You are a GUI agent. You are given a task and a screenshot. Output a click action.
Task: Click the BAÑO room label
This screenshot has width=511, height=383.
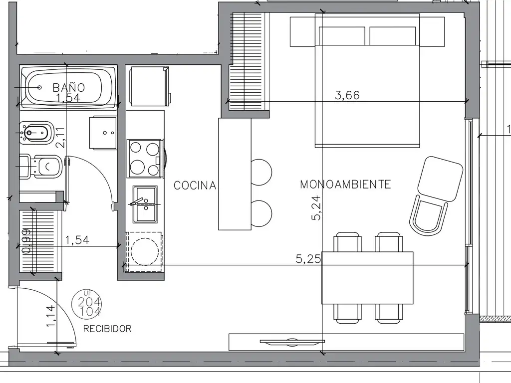tap(69, 87)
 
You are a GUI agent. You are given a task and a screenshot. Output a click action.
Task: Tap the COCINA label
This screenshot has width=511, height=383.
tap(195, 186)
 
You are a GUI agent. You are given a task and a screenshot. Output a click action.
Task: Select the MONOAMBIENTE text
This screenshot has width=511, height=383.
tap(345, 185)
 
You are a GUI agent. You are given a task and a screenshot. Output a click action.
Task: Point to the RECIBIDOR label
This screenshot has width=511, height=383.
tap(108, 329)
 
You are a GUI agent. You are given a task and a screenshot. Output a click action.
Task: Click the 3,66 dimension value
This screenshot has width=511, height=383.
tap(347, 95)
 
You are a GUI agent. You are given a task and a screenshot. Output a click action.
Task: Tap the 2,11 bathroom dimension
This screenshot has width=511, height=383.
tap(60, 138)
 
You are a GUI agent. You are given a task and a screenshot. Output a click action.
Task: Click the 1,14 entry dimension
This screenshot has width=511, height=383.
tap(51, 316)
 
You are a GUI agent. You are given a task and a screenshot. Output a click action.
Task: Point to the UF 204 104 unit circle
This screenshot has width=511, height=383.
tap(86, 304)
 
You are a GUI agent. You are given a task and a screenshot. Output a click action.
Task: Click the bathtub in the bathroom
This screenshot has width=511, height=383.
tap(68, 87)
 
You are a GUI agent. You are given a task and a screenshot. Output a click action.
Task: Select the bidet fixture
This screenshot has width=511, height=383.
tap(36, 133)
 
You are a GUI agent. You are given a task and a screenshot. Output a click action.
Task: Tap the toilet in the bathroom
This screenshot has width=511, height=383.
tap(40, 167)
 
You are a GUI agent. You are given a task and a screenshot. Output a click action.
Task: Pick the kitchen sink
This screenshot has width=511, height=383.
tap(145, 204)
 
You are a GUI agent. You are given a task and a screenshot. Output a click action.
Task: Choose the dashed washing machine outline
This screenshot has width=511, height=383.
tap(144, 252)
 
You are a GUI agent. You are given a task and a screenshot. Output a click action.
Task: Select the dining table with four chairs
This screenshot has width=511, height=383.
tap(367, 277)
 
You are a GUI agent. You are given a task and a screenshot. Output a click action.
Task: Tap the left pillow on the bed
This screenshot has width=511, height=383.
tap(342, 36)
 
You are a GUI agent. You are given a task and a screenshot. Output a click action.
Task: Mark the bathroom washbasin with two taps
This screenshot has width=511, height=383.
tap(103, 133)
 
